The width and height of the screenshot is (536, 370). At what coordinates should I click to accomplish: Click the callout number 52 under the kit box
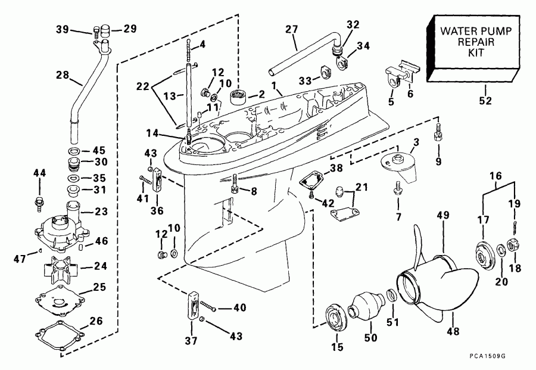click(486, 101)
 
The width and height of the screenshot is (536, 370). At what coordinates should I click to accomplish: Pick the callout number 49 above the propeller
click(442, 215)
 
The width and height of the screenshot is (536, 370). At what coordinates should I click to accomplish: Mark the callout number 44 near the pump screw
click(39, 173)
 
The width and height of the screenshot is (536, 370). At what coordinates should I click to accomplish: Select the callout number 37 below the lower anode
click(192, 342)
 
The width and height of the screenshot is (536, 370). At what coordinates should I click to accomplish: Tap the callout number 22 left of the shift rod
click(142, 86)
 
